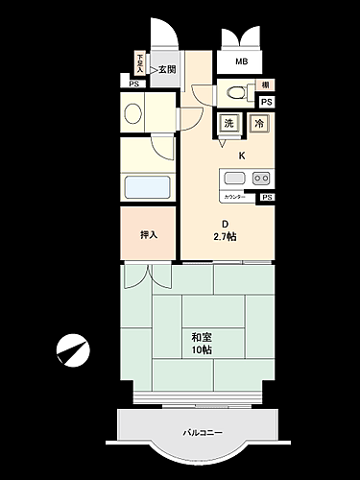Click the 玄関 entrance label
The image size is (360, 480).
pyautogui.click(x=167, y=69)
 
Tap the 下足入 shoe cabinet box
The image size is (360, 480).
pyautogui.click(x=140, y=64)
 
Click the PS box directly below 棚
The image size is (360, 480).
pyautogui.click(x=265, y=102)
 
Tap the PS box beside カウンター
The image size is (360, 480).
pyautogui.click(x=266, y=197)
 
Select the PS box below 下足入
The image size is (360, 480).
pyautogui.click(x=133, y=84)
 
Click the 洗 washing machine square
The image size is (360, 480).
pyautogui.click(x=228, y=123)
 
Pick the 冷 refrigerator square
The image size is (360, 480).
pyautogui.click(x=257, y=123)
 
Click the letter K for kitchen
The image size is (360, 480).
pyautogui.click(x=242, y=155)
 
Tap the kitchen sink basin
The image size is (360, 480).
pyautogui.click(x=234, y=178)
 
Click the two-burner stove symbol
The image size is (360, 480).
pyautogui.click(x=260, y=178)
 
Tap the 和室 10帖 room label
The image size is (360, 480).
pyautogui.click(x=201, y=343)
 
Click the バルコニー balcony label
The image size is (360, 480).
pyautogui.click(x=203, y=433)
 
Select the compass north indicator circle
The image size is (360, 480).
pyautogui.click(x=70, y=350)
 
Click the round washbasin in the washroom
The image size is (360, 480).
pyautogui.click(x=132, y=113)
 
